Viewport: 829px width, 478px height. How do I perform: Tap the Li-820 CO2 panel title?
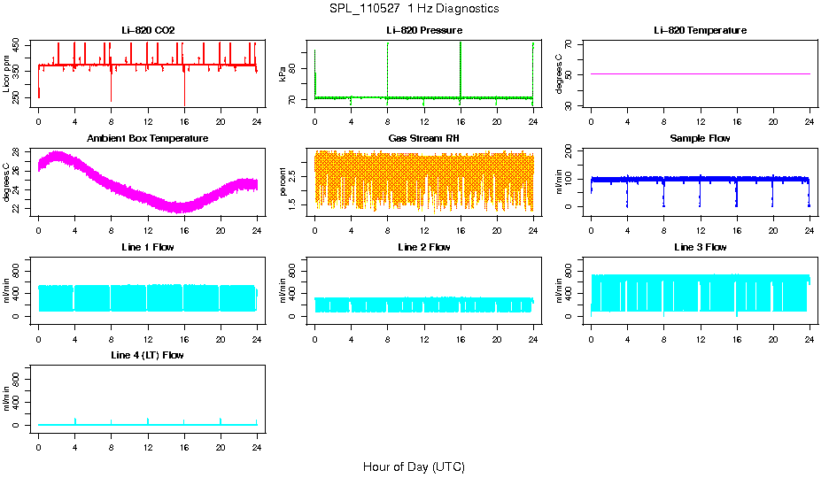pyautogui.click(x=148, y=31)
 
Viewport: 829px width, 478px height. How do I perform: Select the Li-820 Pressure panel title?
pyautogui.click(x=423, y=31)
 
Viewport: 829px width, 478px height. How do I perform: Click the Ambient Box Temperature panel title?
pyautogui.click(x=148, y=139)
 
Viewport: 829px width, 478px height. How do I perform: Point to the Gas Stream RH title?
pyautogui.click(x=423, y=139)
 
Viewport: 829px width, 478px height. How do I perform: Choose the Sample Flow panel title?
pyautogui.click(x=700, y=139)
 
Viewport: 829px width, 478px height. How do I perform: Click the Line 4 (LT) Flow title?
pyautogui.click(x=148, y=355)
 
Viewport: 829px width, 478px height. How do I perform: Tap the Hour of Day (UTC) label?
pyautogui.click(x=414, y=466)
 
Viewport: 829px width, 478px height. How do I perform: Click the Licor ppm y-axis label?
pyautogui.click(x=7, y=74)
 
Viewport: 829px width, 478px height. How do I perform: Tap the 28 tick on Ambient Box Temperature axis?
pyautogui.click(x=19, y=152)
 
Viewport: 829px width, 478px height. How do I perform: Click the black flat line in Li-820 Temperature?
pyautogui.click(x=700, y=74)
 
